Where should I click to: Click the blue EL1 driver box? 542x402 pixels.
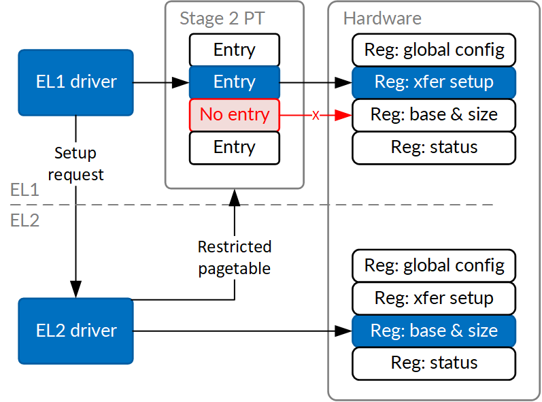(x=75, y=82)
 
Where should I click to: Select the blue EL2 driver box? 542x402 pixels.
(x=75, y=331)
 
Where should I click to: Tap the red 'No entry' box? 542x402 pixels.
(x=234, y=115)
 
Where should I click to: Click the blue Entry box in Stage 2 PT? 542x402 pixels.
(x=234, y=82)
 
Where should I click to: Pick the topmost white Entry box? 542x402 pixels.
(x=234, y=50)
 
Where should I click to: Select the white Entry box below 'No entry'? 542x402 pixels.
(x=234, y=148)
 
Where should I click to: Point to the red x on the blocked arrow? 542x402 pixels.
(x=316, y=115)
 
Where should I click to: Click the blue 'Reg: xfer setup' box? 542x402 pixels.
(x=434, y=82)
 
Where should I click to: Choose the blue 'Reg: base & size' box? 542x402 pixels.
(x=434, y=331)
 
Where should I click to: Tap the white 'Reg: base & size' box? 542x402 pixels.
(x=434, y=115)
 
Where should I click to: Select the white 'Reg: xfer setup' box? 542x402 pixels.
(x=434, y=298)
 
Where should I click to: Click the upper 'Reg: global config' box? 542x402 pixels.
(x=434, y=50)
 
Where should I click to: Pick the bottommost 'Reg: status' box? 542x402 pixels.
(x=434, y=363)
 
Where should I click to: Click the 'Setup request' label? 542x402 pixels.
(x=75, y=164)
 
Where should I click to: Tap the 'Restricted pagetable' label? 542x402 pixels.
(x=234, y=257)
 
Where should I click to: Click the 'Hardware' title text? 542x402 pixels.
(x=382, y=18)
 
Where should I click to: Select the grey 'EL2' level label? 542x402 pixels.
(x=25, y=220)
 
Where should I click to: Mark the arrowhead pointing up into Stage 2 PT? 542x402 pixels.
(x=234, y=198)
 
